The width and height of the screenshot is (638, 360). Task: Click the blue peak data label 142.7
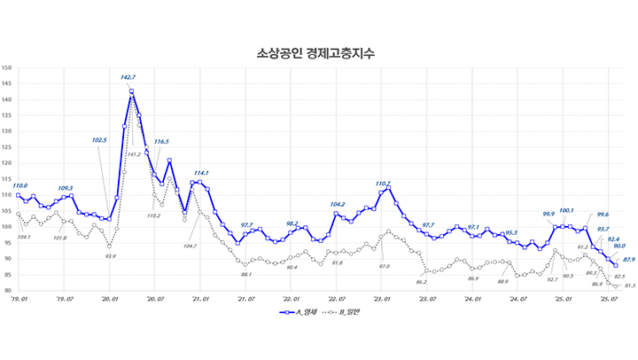[128, 78]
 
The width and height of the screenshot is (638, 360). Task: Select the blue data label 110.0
[19, 185]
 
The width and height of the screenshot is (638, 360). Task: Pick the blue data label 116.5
[161, 142]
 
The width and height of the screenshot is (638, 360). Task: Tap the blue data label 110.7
[382, 184]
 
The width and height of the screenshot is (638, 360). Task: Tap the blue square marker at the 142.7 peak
[131, 91]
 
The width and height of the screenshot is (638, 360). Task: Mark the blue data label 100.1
[566, 210]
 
